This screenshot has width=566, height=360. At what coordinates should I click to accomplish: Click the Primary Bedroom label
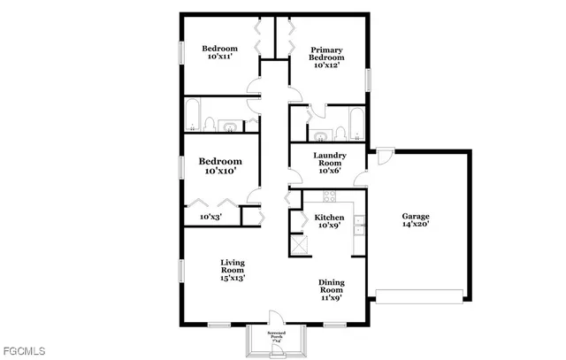[324, 52]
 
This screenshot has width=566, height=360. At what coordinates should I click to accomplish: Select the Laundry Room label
[329, 159]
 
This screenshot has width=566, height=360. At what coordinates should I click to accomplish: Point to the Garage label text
[416, 216]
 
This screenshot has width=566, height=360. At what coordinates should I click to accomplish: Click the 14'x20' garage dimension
[416, 225]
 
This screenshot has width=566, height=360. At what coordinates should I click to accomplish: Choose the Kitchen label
[329, 216]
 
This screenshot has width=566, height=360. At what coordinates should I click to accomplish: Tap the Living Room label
[233, 264]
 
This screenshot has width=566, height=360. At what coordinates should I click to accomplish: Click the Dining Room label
[331, 286]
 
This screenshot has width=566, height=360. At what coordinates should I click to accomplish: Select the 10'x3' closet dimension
[210, 216]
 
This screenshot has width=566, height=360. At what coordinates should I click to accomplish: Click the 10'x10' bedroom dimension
[219, 171]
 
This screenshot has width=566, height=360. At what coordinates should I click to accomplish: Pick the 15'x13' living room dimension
[233, 278]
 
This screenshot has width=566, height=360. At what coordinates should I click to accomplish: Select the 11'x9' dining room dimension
[331, 298]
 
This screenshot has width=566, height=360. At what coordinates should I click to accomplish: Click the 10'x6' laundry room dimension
[329, 171]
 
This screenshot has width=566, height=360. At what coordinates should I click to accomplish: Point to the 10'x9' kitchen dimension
[329, 225]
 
